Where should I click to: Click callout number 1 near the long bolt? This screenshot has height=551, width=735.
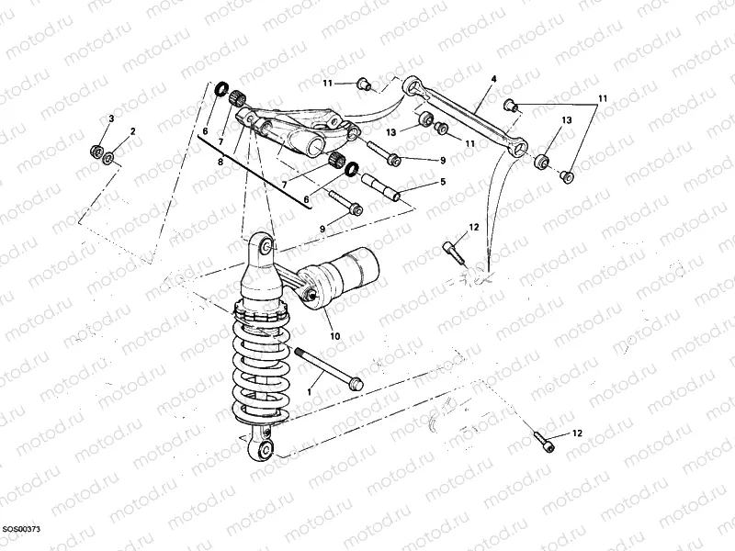(310, 391)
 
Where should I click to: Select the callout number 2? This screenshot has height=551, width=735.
(132, 132)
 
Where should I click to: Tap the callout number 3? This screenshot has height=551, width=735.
(111, 119)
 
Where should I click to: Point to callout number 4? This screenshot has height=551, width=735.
(493, 80)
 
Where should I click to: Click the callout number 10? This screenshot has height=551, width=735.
(334, 336)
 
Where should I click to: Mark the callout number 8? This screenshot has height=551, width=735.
(220, 162)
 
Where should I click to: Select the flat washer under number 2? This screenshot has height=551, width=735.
(110, 159)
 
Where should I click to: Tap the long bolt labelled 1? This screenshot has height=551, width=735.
(327, 370)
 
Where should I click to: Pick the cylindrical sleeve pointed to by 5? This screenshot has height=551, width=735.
(385, 186)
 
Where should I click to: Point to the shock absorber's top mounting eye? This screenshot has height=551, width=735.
(265, 246)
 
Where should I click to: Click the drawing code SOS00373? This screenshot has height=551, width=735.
(21, 530)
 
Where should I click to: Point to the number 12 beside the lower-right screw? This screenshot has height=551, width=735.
(577, 432)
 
